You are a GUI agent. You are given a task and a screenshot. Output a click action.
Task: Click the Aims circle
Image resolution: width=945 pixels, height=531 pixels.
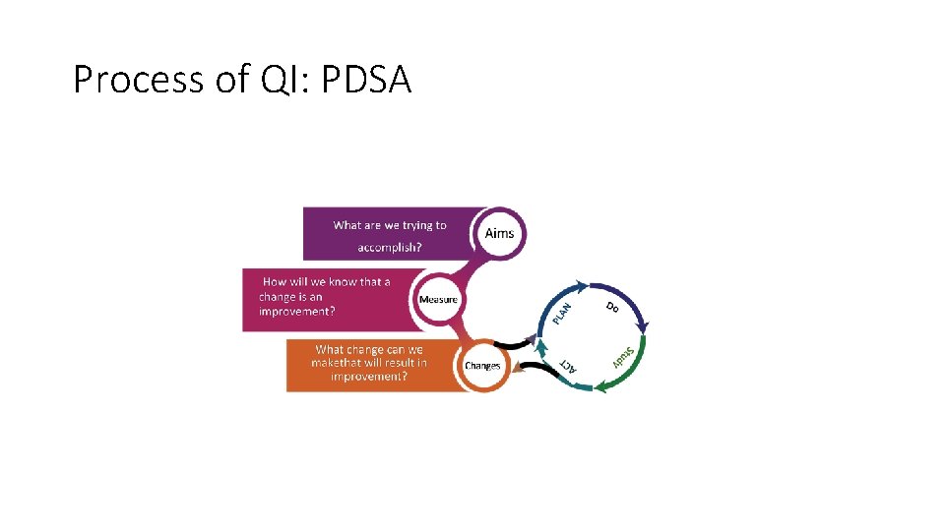click(x=499, y=233)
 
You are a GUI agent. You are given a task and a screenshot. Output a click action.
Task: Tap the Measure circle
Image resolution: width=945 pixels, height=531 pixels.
click(x=438, y=299)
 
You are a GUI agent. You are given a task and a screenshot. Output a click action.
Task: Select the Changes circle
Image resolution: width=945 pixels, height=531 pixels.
click(x=482, y=365)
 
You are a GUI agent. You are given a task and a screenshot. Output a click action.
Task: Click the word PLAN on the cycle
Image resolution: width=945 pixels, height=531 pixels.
click(x=561, y=312)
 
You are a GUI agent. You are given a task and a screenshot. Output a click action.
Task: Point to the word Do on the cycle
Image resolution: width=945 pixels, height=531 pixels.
click(x=611, y=308)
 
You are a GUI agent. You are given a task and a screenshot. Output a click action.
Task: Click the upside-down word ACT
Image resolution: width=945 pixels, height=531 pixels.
click(x=568, y=365)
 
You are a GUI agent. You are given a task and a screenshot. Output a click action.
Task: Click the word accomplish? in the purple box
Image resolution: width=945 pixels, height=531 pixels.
click(x=390, y=247)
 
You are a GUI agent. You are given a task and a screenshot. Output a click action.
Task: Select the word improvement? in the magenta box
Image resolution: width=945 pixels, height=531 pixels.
click(x=296, y=311)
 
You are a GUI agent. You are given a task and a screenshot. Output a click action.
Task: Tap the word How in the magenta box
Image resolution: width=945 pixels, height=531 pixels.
click(x=274, y=281)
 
